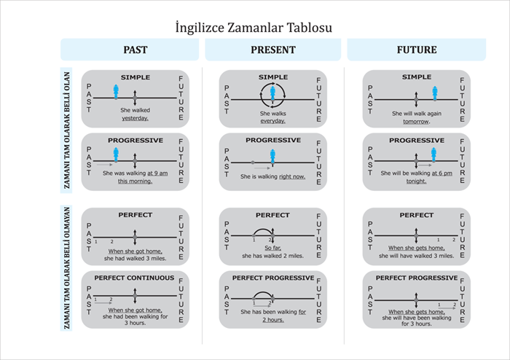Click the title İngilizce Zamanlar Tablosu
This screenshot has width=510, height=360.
tap(254, 28)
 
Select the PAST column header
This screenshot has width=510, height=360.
tap(135, 50)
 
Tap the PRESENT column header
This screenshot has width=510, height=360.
tap(272, 50)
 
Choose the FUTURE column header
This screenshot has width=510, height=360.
tap(416, 50)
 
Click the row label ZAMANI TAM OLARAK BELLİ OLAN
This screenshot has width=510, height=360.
tap(67, 129)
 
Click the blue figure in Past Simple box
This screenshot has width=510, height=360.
tap(116, 91)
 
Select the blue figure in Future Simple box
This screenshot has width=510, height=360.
tap(434, 93)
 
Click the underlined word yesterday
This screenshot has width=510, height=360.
tap(135, 118)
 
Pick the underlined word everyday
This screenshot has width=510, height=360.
tap(273, 121)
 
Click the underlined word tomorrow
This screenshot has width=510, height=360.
tap(416, 122)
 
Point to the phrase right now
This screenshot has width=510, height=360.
tap(291, 176)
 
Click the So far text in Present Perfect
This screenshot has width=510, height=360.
tap(273, 249)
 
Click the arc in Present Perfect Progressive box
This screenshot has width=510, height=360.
tap(262, 294)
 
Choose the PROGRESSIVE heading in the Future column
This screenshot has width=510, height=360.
tap(416, 140)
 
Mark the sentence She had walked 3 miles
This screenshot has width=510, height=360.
tap(135, 257)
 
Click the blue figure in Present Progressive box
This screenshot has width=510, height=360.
tap(272, 157)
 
